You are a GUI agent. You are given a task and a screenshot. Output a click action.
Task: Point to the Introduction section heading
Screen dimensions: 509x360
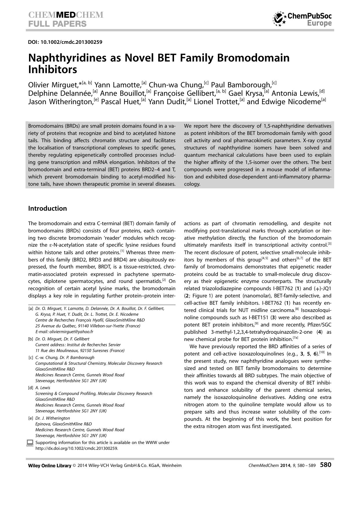tap(47, 208)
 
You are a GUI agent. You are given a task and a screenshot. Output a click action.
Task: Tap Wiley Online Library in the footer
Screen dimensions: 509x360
tap(50, 465)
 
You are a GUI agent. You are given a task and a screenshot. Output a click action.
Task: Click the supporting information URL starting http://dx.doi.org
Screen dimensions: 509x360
tap(77, 448)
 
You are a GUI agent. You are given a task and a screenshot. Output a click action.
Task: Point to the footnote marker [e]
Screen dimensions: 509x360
tap(31, 418)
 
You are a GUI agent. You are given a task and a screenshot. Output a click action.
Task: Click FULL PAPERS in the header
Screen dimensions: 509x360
tap(57, 24)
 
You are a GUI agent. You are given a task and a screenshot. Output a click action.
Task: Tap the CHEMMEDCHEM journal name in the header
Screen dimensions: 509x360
tap(66, 15)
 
